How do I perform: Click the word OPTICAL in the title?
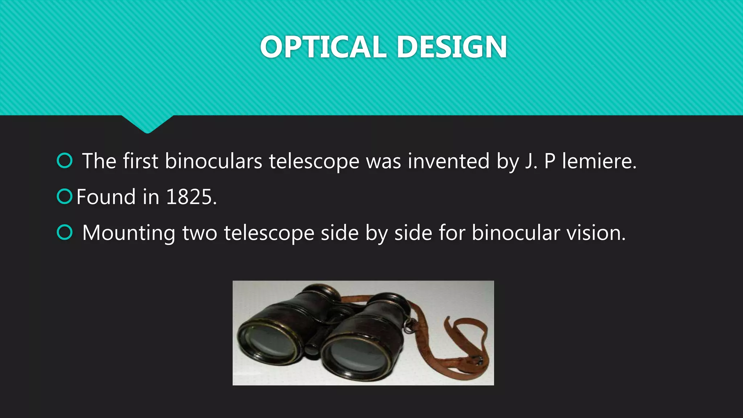coord(323,47)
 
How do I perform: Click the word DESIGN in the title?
coord(452,47)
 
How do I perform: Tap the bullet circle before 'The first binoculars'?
coord(65,161)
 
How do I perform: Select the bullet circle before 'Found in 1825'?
coord(65,197)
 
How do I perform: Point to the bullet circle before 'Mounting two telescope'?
coord(65,233)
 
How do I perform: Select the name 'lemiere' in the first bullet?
coord(599,161)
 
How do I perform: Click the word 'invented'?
coord(448,161)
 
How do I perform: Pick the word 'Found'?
coord(106,197)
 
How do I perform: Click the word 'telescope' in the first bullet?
coord(314,162)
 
